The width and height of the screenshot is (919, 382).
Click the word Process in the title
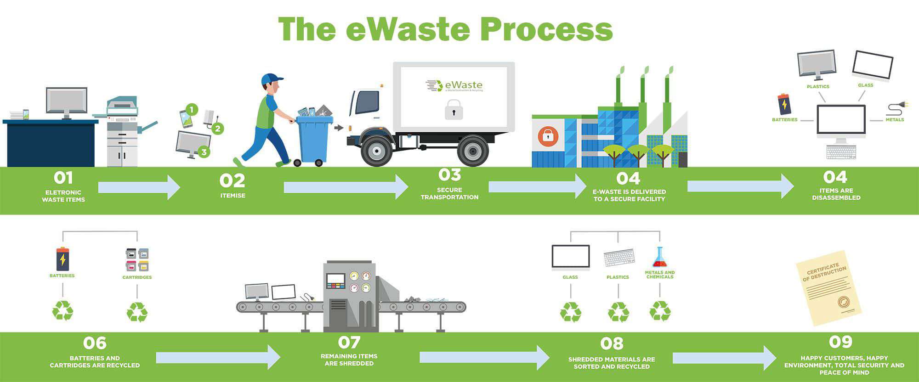point(546,29)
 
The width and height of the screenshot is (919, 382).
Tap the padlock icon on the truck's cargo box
point(454,110)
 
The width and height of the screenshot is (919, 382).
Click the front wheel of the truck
point(376,150)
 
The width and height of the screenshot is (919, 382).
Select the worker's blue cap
point(271,79)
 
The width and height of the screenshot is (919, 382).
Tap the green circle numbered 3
point(204,152)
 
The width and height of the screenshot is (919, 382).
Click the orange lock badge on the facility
point(548,136)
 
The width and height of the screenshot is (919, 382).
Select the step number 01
point(63,178)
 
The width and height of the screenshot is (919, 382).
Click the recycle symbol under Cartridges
point(137,312)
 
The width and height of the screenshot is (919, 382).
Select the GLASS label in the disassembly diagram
point(865,85)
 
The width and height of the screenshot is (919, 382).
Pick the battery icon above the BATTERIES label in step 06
point(62,259)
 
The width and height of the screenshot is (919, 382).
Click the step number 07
point(349,343)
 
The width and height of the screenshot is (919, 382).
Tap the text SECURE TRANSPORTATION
point(449,193)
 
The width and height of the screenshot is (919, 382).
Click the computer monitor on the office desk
point(67,101)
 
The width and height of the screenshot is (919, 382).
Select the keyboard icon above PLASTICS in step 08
point(619,257)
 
